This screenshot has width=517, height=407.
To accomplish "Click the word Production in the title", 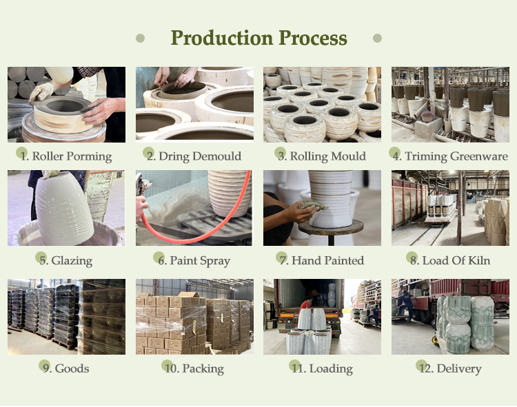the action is pyautogui.click(x=222, y=38).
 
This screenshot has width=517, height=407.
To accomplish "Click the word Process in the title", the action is pyautogui.click(x=313, y=38).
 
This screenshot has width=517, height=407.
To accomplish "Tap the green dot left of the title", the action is pyautogui.click(x=140, y=38).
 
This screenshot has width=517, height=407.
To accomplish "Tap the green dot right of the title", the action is pyautogui.click(x=377, y=38).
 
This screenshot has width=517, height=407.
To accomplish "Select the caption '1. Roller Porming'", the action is pyautogui.click(x=65, y=156).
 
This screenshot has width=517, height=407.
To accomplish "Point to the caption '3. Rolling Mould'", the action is pyautogui.click(x=321, y=156).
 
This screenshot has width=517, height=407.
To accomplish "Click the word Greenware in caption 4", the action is pyautogui.click(x=479, y=156).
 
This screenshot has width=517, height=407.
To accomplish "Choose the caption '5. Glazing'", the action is pyautogui.click(x=65, y=260).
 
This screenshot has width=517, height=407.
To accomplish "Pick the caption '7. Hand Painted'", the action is pyautogui.click(x=321, y=260).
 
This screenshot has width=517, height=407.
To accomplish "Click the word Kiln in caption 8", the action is pyautogui.click(x=479, y=260).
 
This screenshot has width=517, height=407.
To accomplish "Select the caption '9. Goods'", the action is pyautogui.click(x=65, y=368).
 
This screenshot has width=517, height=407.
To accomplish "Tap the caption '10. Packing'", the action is pyautogui.click(x=194, y=368).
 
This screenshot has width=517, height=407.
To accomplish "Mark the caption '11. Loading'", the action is pyautogui.click(x=321, y=368).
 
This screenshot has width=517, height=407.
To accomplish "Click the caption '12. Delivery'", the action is pyautogui.click(x=449, y=368).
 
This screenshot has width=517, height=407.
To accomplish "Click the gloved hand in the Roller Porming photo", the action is pyautogui.click(x=41, y=92).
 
